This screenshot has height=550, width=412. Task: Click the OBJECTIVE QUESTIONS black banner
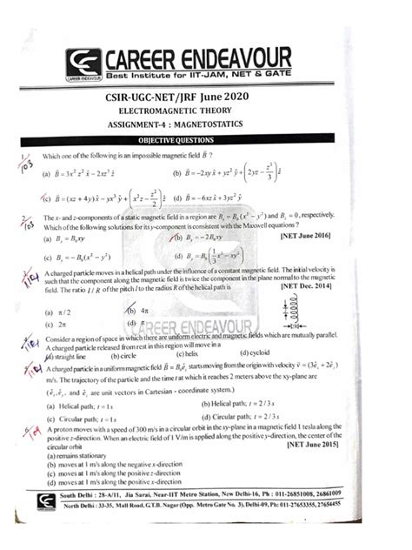[206, 140]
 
